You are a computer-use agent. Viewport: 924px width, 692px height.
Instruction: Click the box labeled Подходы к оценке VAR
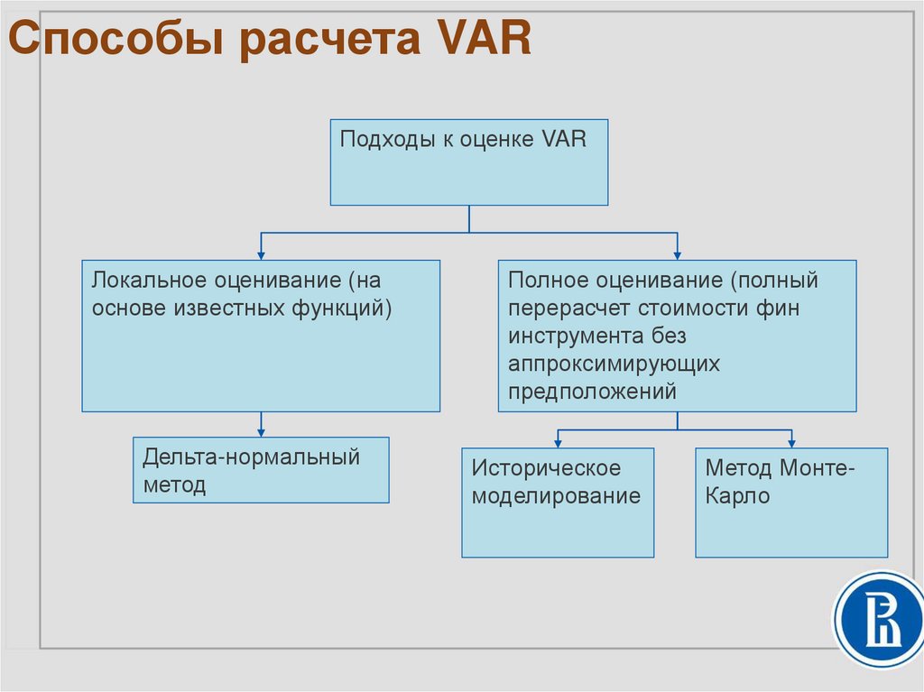pyautogui.click(x=468, y=162)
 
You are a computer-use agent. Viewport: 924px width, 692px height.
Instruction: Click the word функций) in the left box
pyautogui.click(x=342, y=308)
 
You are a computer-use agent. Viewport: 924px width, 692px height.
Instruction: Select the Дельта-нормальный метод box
pyautogui.click(x=261, y=470)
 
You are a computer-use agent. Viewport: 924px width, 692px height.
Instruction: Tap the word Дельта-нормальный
pyautogui.click(x=251, y=457)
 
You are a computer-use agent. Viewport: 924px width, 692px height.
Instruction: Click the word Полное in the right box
pyautogui.click(x=544, y=281)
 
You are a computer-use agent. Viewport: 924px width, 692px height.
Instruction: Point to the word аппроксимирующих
pyautogui.click(x=614, y=364)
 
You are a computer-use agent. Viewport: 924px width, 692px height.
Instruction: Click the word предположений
pyautogui.click(x=592, y=392)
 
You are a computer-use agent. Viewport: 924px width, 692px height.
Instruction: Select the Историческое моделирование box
pyautogui.click(x=558, y=503)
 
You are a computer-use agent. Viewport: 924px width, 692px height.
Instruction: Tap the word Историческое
pyautogui.click(x=547, y=469)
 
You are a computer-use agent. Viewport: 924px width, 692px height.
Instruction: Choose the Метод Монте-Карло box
pyautogui.click(x=791, y=503)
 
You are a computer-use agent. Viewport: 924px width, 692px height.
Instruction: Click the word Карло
pyautogui.click(x=737, y=496)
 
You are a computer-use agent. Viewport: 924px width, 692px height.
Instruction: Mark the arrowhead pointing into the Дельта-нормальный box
pyautogui.click(x=262, y=431)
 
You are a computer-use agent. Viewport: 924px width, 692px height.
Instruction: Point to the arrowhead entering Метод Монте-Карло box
pyautogui.click(x=791, y=442)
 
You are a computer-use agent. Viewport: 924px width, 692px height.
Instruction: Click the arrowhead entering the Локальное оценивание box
pyautogui.click(x=262, y=254)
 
